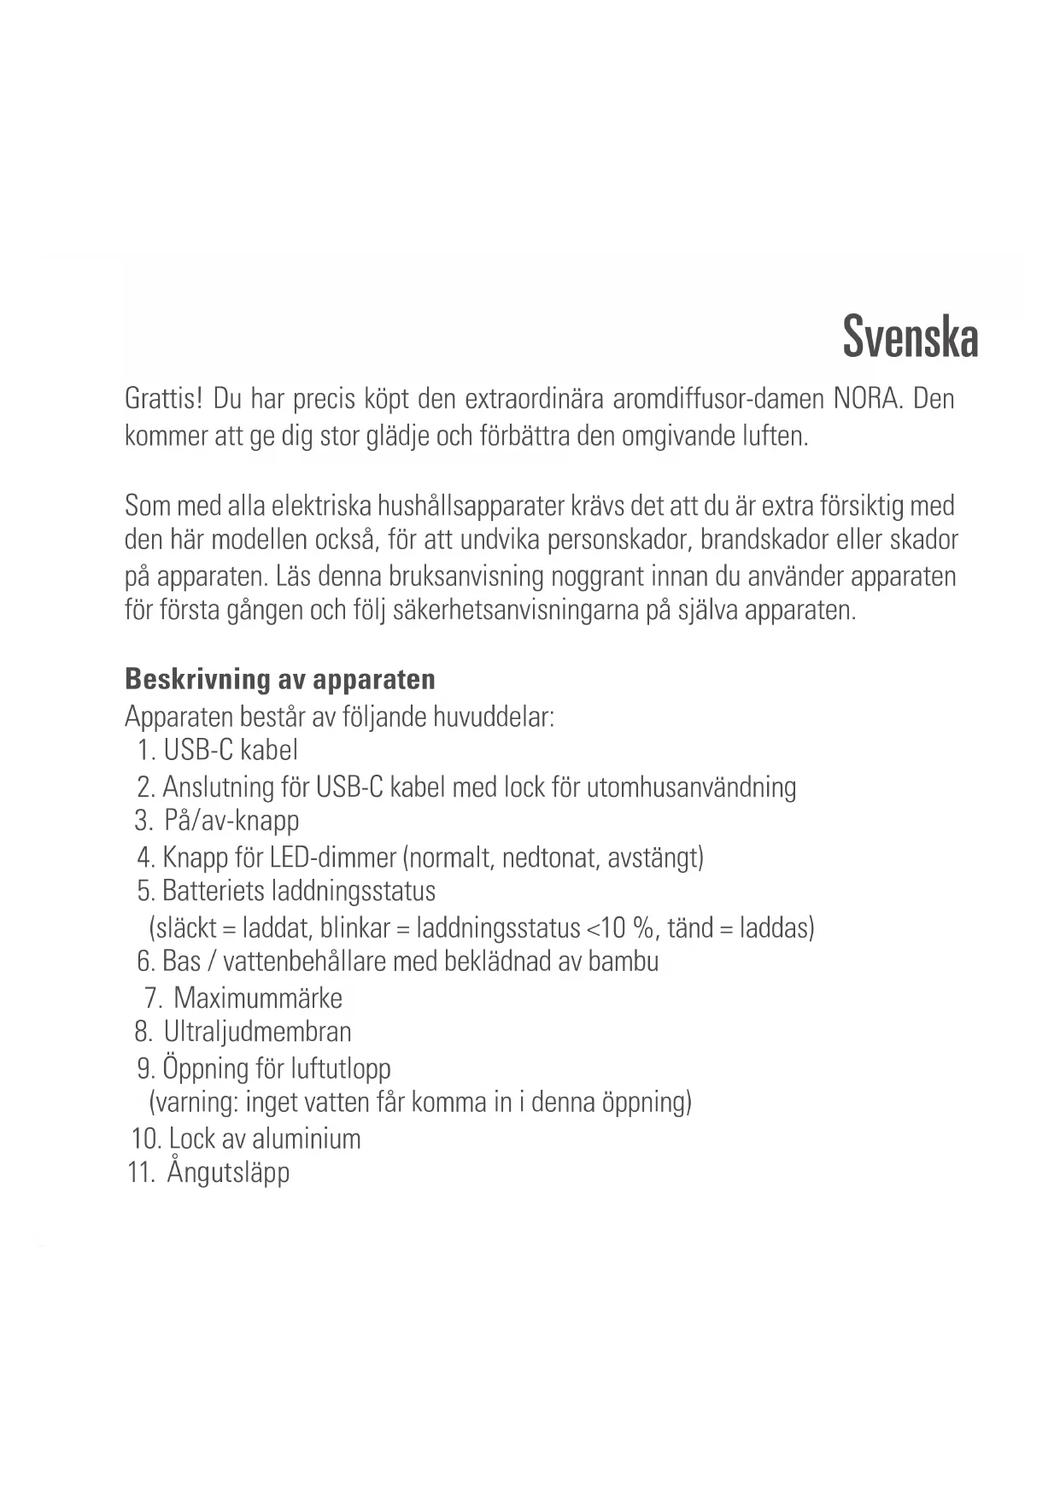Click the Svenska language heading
point(910,337)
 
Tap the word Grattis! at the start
point(163,399)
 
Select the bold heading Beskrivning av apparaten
point(280,679)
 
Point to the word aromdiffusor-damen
point(719,399)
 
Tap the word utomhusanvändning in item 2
point(691,787)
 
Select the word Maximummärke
point(258,998)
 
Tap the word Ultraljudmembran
point(258,1032)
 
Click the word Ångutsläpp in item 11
point(228,1172)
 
